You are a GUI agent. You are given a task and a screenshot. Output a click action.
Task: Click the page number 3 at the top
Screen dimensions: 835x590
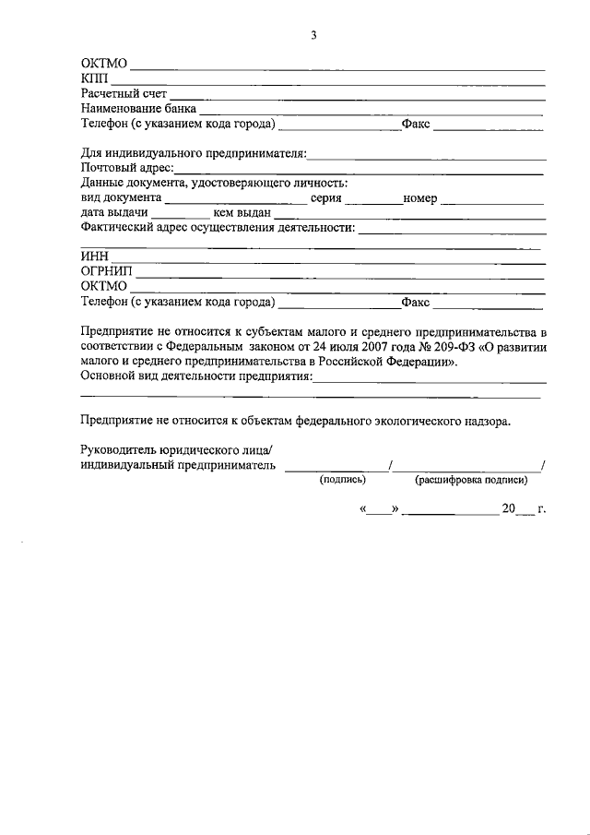(x=313, y=36)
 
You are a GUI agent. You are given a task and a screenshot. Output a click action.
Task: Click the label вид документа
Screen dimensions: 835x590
(x=121, y=197)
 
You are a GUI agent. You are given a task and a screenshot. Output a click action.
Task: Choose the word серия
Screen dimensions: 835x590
(x=326, y=197)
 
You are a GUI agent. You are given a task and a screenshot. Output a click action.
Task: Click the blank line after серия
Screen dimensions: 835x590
(x=373, y=199)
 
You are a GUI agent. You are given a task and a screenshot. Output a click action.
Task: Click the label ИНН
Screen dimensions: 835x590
(x=95, y=257)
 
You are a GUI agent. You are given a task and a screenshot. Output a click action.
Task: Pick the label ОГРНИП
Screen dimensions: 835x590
(x=107, y=272)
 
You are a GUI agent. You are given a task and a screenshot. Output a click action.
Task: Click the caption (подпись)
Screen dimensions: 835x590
(x=342, y=481)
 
